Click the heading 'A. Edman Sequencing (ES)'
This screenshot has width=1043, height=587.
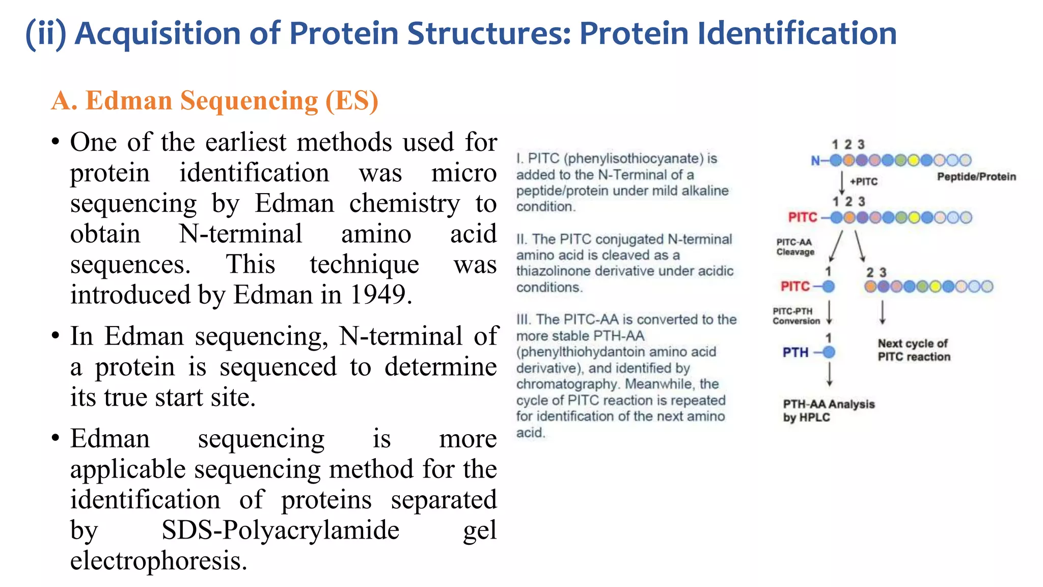[214, 100]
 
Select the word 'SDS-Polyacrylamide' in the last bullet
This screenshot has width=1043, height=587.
[280, 530]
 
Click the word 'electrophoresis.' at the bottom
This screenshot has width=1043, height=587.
[158, 561]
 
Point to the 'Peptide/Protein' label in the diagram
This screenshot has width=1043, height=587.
[976, 177]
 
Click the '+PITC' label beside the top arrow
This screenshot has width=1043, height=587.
[864, 182]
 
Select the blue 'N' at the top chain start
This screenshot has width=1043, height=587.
[815, 161]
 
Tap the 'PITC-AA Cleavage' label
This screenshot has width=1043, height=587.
[794, 247]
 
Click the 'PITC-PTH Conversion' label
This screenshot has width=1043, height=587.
[795, 316]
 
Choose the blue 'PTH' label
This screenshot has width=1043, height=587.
[795, 353]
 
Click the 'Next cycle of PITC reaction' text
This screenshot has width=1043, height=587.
[914, 350]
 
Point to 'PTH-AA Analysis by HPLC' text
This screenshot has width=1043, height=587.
[828, 411]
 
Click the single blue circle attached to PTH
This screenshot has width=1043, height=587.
[829, 352]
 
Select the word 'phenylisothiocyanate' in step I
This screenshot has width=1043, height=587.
[634, 159]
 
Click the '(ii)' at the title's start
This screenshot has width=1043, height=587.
[46, 34]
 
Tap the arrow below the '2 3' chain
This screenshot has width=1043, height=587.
[883, 312]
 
